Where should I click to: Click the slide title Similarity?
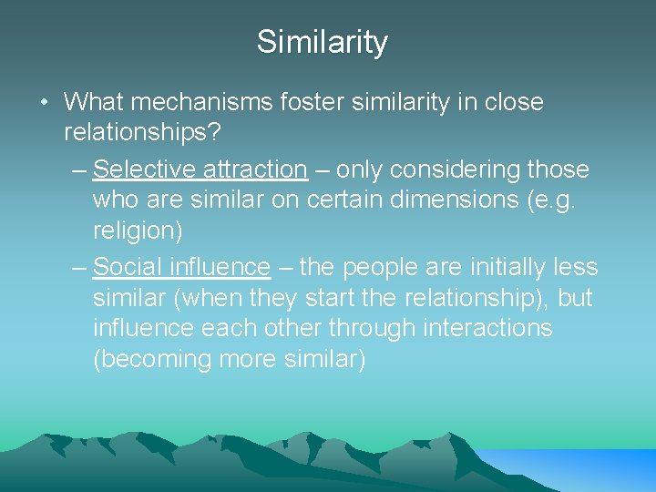tap(323, 42)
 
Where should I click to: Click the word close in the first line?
tap(511, 102)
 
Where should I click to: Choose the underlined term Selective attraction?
tap(200, 169)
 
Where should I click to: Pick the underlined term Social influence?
tap(181, 267)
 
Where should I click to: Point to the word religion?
tap(138, 231)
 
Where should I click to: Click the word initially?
tap(499, 267)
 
